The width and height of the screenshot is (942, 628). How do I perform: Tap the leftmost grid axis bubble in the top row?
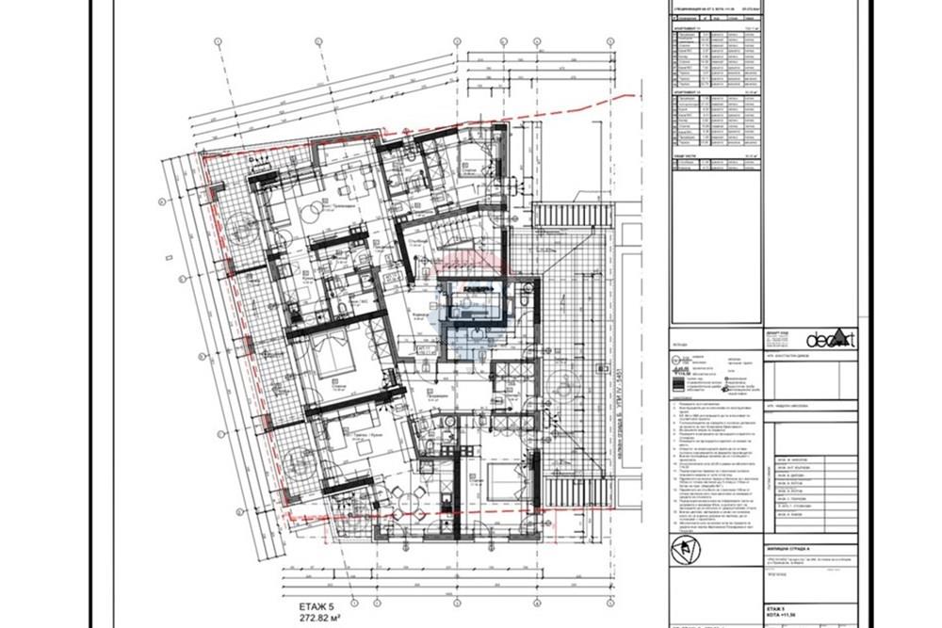217,42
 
